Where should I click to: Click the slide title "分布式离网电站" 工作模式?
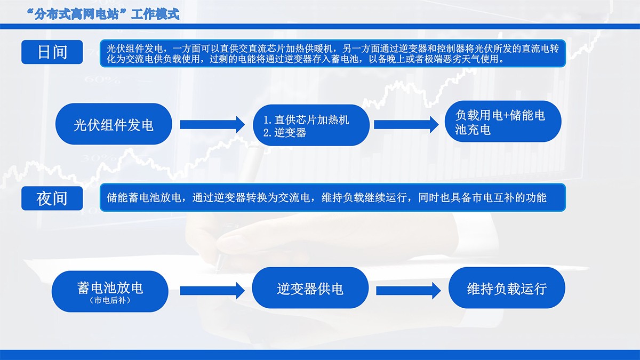click(x=103, y=14)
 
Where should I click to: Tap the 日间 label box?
click(x=52, y=52)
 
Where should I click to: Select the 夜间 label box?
click(x=52, y=198)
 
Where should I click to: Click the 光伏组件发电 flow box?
click(x=114, y=124)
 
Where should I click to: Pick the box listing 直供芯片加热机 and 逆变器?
click(x=311, y=125)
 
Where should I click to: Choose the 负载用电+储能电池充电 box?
click(x=503, y=122)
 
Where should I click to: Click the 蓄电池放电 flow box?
click(x=110, y=291)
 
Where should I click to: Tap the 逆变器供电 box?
click(x=310, y=287)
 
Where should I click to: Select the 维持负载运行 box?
click(x=507, y=287)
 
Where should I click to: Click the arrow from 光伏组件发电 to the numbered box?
click(x=212, y=125)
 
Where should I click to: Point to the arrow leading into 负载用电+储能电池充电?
click(x=406, y=125)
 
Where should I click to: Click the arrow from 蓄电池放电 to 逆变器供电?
click(x=212, y=291)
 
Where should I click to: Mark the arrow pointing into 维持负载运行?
click(x=409, y=291)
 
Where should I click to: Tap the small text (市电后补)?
click(x=110, y=300)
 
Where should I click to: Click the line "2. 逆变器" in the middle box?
click(x=285, y=133)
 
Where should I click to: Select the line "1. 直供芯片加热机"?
click(x=306, y=120)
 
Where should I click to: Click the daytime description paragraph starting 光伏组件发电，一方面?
click(x=333, y=54)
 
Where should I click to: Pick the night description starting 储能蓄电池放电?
click(x=326, y=198)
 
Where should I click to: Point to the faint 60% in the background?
click(x=102, y=79)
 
